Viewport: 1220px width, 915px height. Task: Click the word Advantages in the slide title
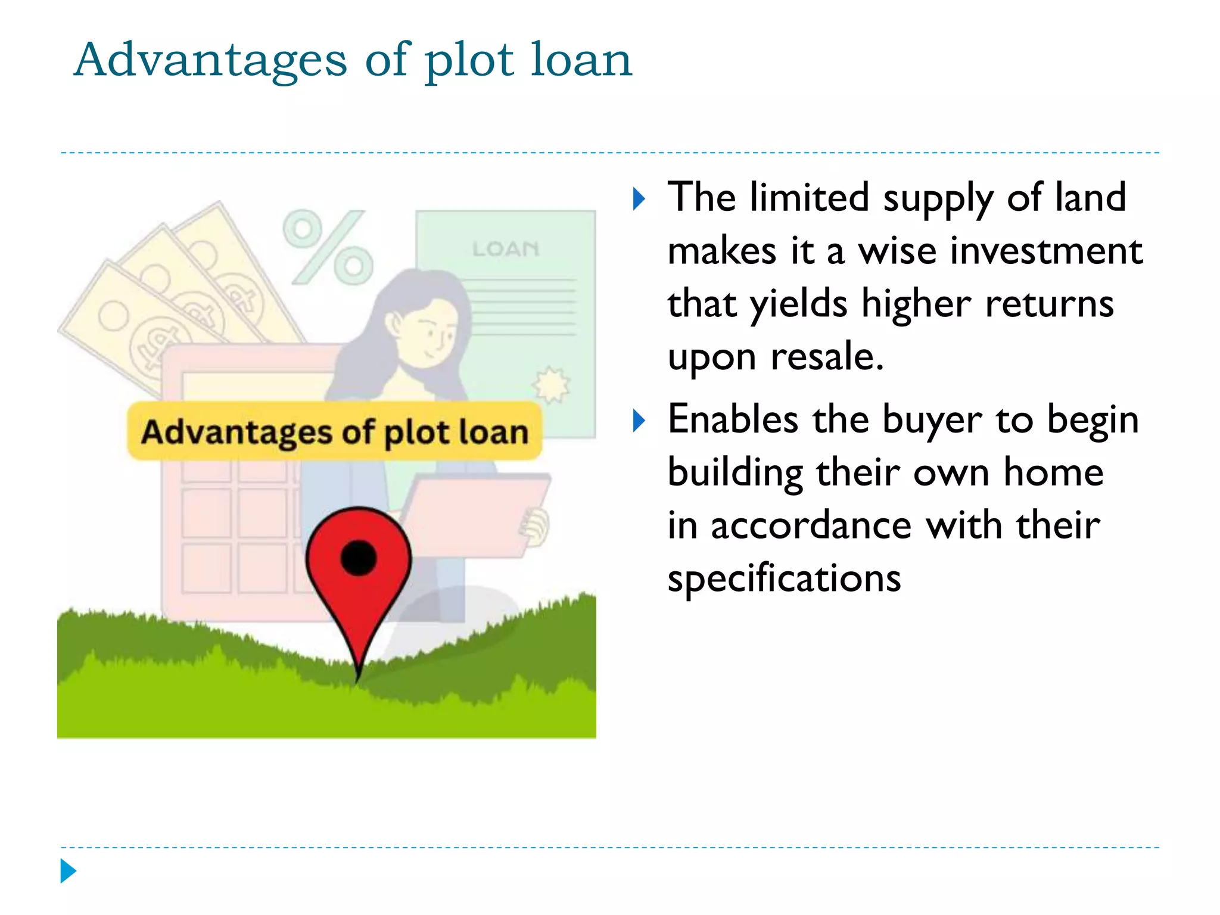click(210, 60)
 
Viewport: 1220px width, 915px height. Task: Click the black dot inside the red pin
click(359, 558)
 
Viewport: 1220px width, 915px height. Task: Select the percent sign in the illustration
click(328, 247)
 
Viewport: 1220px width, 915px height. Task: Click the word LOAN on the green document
click(506, 249)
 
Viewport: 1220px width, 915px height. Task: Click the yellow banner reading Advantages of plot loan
click(334, 431)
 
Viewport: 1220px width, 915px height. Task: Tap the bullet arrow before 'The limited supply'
click(639, 199)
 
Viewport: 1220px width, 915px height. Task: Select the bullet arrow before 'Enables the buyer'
click(639, 421)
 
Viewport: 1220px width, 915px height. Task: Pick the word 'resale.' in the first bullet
click(827, 357)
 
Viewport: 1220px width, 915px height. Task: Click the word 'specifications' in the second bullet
click(784, 578)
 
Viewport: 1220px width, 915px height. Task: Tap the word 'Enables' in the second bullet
click(733, 419)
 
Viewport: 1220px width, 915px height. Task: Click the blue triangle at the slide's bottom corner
click(68, 871)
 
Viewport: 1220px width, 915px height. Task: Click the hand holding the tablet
click(536, 525)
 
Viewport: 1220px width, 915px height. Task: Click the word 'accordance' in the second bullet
click(811, 526)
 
